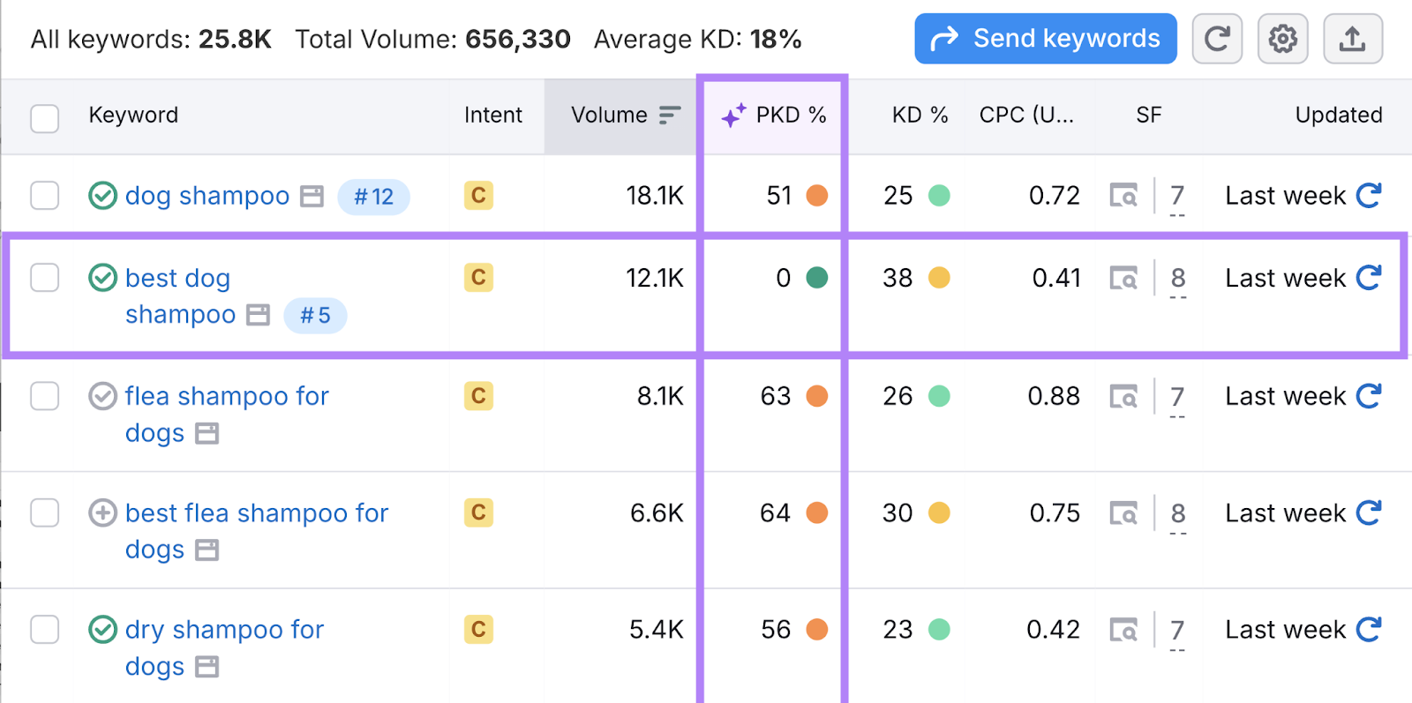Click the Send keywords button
(1045, 39)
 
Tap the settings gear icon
(1282, 39)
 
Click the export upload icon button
(1352, 39)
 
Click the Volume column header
(610, 116)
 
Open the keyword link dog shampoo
(207, 196)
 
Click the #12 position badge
(373, 197)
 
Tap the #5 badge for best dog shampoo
(315, 316)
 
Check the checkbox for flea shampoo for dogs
(45, 396)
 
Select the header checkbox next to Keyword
(45, 118)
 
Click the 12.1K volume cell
(654, 279)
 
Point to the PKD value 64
(775, 513)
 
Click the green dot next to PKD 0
(817, 278)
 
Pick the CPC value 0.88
(1053, 397)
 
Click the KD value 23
(898, 630)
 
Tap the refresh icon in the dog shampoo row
(1368, 196)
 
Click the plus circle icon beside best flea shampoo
(103, 512)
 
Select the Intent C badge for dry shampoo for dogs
(478, 630)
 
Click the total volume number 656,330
(518, 40)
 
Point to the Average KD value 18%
(776, 40)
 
